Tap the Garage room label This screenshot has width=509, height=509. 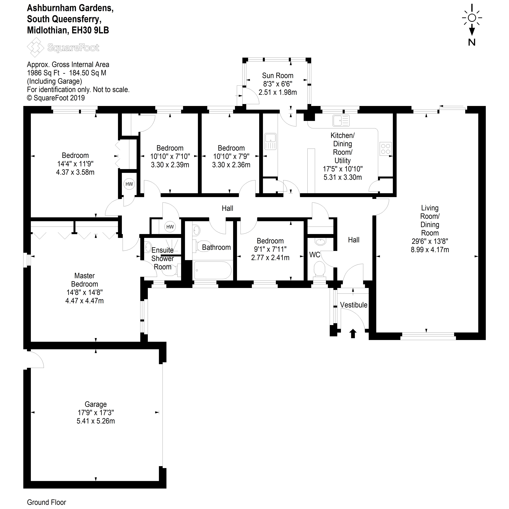(x=96, y=404)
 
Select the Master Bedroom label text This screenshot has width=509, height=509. (x=85, y=280)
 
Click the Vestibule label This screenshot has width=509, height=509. (x=354, y=305)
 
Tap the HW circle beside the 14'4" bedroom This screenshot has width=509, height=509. (x=129, y=184)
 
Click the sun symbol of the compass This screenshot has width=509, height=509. (x=472, y=18)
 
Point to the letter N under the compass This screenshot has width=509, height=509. (x=472, y=42)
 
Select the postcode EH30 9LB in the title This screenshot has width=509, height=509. (x=90, y=30)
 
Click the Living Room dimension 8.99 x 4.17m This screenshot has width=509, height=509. (x=430, y=250)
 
